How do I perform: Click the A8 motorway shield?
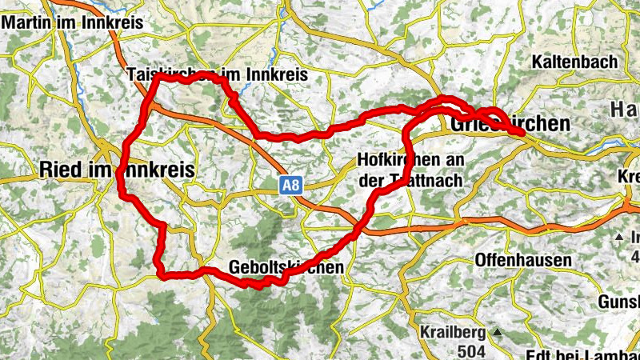291,186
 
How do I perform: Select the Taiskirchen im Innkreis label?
217,74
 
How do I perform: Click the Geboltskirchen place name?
286,266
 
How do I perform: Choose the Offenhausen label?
523,260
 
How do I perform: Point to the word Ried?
60,168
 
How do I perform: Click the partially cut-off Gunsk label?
618,302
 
